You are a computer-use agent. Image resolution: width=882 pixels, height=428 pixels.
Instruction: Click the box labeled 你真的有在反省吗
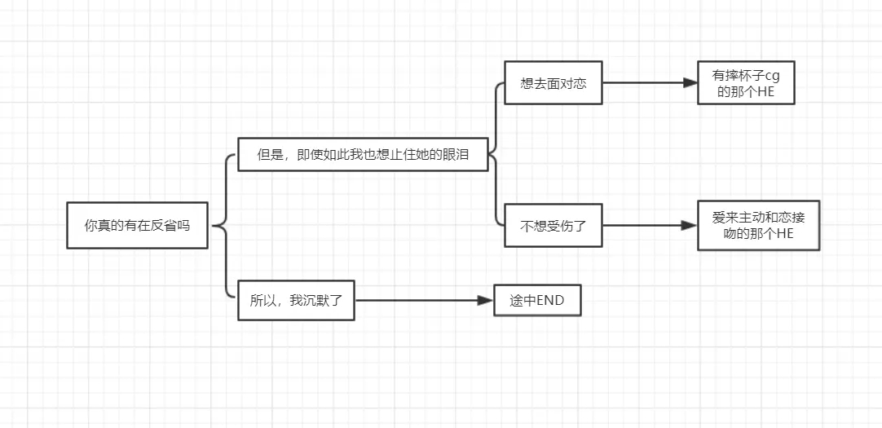(137, 225)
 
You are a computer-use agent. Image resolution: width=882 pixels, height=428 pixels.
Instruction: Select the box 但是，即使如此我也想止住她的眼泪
(363, 154)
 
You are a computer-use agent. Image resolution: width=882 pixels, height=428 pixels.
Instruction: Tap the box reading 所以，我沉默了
(296, 300)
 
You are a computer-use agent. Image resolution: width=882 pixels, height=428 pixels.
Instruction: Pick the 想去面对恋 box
(553, 83)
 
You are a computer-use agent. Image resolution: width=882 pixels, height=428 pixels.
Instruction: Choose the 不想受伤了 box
(553, 225)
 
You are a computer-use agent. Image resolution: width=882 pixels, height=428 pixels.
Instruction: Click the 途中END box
(537, 301)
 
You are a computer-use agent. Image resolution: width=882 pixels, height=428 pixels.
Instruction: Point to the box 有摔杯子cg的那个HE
(746, 83)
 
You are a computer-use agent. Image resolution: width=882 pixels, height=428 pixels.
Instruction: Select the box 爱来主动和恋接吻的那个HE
(758, 225)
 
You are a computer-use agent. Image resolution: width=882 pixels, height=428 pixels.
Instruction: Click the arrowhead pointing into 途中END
(488, 301)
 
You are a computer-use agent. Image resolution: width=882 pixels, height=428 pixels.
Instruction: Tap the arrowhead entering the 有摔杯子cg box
(690, 83)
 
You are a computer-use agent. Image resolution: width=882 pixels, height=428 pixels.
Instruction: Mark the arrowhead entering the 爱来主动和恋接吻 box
(690, 225)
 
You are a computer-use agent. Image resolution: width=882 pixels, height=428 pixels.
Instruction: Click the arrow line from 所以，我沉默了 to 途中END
(416, 301)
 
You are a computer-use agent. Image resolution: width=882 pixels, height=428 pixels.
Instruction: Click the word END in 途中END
(560, 301)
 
